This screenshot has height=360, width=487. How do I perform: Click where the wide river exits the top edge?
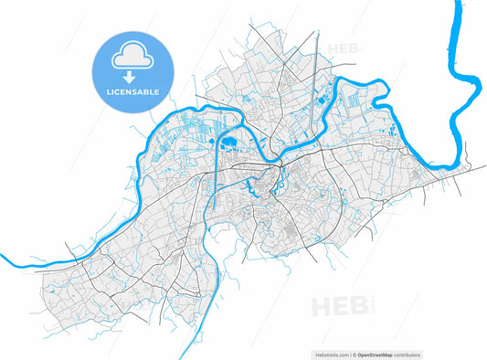[455, 3]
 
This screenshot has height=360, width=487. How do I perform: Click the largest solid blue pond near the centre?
[227, 142]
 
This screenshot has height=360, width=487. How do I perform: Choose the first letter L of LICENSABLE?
[111, 92]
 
